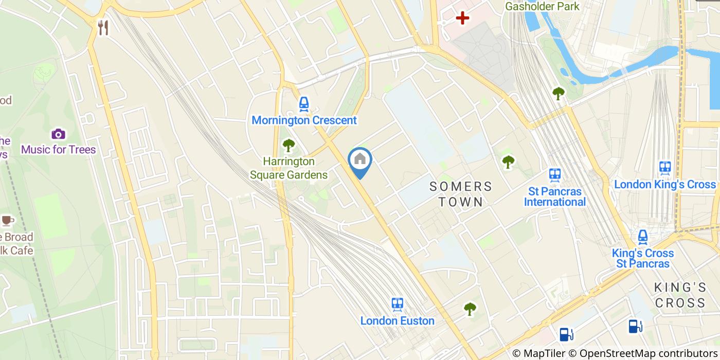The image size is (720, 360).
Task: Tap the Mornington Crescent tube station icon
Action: [304, 104]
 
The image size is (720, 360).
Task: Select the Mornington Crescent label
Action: [304, 120]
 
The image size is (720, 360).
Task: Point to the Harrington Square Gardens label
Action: [289, 168]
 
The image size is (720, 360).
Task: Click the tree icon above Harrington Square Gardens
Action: [289, 146]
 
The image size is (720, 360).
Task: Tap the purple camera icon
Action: [58, 134]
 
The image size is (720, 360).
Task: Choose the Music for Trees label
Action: [58, 150]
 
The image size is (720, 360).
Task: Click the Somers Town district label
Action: [461, 194]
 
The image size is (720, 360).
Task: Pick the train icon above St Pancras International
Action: [554, 175]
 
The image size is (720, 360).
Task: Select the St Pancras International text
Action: [554, 196]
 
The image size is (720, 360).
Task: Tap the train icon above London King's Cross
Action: [665, 168]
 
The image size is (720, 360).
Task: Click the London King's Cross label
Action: [665, 184]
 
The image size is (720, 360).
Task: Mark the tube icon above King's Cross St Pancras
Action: [642, 237]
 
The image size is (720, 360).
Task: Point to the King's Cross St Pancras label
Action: [642, 258]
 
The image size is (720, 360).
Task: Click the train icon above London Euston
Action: [397, 304]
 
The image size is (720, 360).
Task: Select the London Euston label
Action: [397, 321]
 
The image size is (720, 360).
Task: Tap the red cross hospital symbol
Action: [462, 19]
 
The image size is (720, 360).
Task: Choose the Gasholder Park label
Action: [542, 6]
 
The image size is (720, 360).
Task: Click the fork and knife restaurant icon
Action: [103, 28]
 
